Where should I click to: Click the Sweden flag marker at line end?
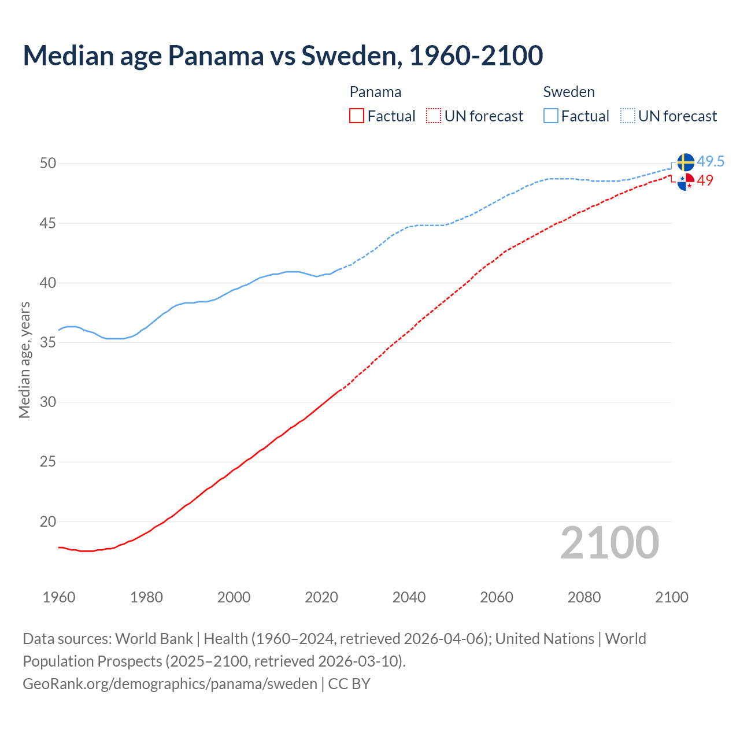(x=685, y=162)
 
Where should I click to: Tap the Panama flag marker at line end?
(x=685, y=182)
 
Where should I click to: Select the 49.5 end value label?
(x=711, y=161)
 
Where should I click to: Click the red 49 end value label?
(x=705, y=180)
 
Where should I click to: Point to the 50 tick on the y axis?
(x=48, y=164)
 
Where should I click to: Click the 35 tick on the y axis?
(x=48, y=343)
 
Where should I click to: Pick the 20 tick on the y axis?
(x=48, y=522)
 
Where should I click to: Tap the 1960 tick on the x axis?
(x=59, y=597)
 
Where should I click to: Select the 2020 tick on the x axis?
(x=321, y=597)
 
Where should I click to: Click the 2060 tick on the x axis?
(x=497, y=597)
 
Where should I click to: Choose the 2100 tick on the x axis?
(x=672, y=597)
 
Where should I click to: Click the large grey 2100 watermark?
(x=610, y=543)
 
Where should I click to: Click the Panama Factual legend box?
(x=357, y=116)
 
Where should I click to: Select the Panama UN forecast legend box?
(x=434, y=116)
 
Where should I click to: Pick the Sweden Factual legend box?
(x=551, y=116)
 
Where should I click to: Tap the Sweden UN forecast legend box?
(x=627, y=116)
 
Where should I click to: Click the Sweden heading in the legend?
(x=569, y=92)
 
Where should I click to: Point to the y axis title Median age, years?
(x=24, y=360)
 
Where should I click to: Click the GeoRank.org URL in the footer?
(x=169, y=684)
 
